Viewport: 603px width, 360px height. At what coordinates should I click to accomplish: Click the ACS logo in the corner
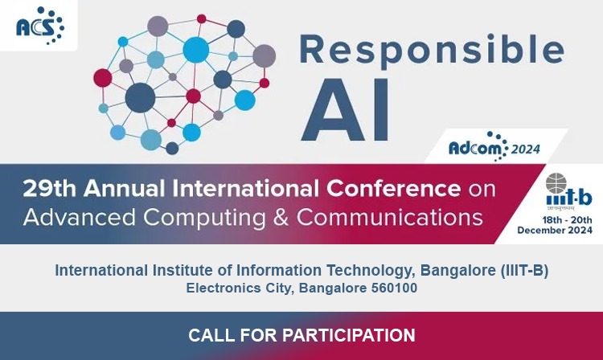40,26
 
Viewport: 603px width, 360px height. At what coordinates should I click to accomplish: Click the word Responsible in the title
432,51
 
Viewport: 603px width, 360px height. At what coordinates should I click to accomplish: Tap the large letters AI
346,110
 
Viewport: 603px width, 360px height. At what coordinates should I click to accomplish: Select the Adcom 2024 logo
494,147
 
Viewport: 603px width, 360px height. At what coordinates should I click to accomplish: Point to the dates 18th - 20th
568,220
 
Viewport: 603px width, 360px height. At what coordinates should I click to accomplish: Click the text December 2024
555,230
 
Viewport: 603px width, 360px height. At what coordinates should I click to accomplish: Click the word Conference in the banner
393,189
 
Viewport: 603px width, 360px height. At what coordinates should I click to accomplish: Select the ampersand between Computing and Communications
281,217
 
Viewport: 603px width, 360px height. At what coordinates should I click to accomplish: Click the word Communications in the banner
390,217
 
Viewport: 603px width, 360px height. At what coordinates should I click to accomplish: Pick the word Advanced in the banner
80,217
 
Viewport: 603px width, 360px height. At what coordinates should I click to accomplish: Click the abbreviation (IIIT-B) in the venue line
524,271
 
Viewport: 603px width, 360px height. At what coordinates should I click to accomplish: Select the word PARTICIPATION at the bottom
349,335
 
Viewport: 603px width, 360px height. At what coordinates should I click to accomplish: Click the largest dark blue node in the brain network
141,97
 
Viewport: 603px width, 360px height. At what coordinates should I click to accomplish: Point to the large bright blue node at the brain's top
195,50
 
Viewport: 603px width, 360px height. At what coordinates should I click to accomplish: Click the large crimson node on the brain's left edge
103,78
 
